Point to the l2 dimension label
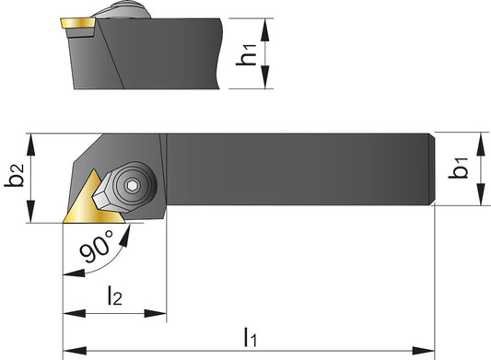pos(113,296)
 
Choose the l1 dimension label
pos(250,336)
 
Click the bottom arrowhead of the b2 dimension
pos(34,216)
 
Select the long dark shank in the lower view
pos(295,168)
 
